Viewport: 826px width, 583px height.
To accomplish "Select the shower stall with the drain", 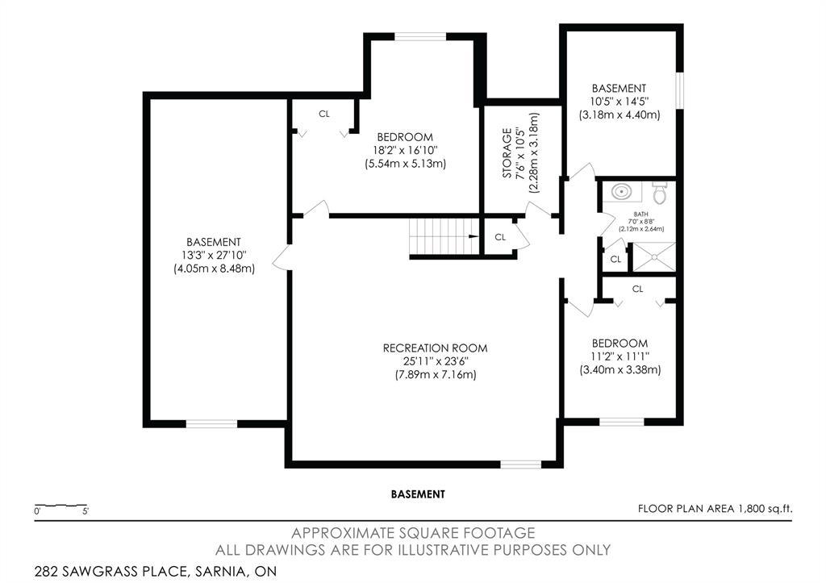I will pyautogui.click(x=653, y=256).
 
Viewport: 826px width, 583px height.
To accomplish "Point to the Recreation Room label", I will pyautogui.click(x=435, y=348).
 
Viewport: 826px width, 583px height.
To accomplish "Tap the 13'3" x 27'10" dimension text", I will pyautogui.click(x=214, y=255).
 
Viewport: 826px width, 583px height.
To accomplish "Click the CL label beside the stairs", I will pyautogui.click(x=500, y=237).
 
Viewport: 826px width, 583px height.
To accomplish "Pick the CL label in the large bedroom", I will pyautogui.click(x=324, y=114).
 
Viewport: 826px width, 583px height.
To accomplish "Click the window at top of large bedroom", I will pyautogui.click(x=421, y=35).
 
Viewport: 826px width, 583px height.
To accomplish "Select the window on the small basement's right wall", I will pyautogui.click(x=680, y=89).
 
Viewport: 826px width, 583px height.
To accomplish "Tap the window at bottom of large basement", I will pyautogui.click(x=212, y=423).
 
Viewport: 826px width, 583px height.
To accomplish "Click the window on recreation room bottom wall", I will pyautogui.click(x=520, y=464).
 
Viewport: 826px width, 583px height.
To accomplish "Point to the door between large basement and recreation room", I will pyautogui.click(x=282, y=257).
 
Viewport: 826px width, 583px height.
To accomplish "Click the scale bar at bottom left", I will pyautogui.click(x=61, y=507).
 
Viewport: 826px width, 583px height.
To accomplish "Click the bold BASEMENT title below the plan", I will pyautogui.click(x=418, y=493).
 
